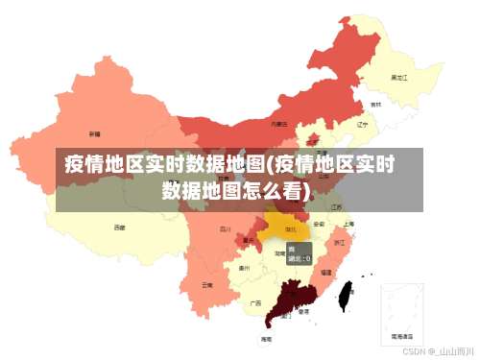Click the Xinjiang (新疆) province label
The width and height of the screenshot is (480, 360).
[94, 133]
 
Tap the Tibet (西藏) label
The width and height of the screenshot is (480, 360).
[119, 228]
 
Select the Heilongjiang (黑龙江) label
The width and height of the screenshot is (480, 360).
[396, 77]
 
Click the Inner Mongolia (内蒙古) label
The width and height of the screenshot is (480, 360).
[278, 124]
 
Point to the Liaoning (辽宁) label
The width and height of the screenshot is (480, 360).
[362, 124]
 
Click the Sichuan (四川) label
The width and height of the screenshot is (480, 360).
[226, 229]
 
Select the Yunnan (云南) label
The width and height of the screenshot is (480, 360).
[207, 285]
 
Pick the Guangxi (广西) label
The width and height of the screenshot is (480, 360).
[255, 302]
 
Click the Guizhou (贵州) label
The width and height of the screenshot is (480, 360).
[245, 269]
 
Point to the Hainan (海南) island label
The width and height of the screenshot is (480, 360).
[266, 339]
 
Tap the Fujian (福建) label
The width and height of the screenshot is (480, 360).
[326, 273]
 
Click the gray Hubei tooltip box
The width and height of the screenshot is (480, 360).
[299, 253]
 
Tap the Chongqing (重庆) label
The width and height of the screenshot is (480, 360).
[249, 240]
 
